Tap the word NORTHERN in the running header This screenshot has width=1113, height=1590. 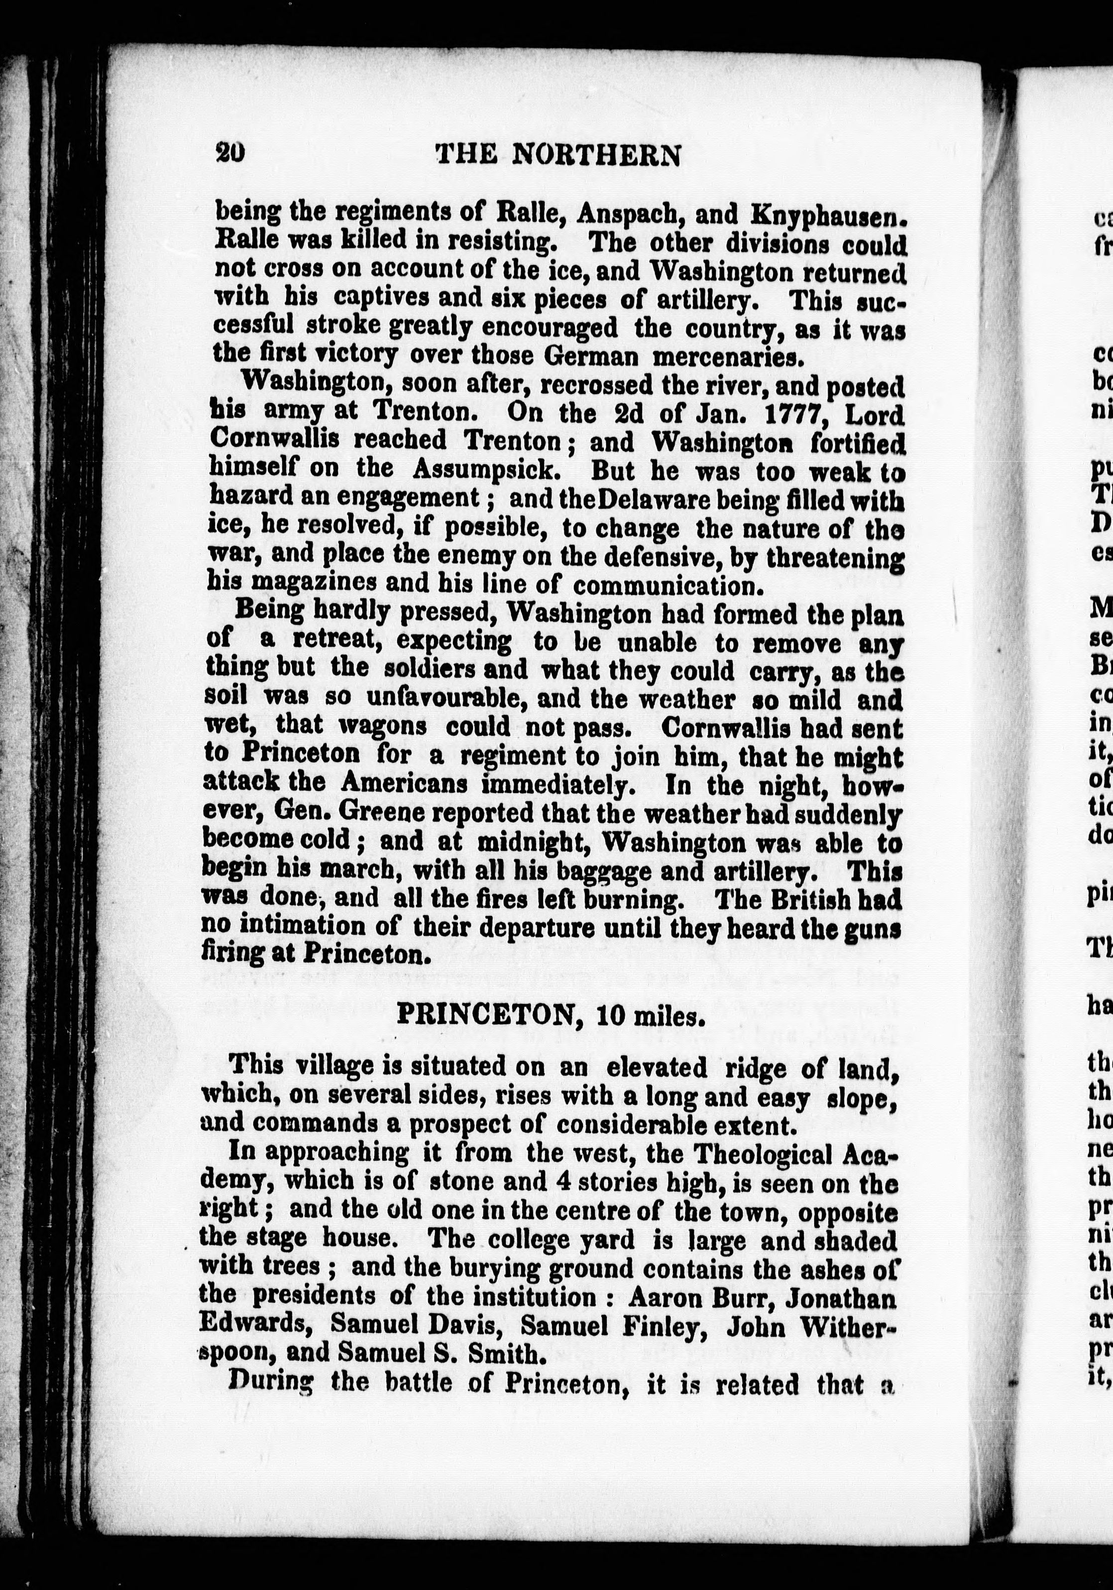[x=597, y=155]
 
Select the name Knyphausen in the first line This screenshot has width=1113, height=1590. [x=828, y=215]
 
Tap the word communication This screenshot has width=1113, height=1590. [x=668, y=585]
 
